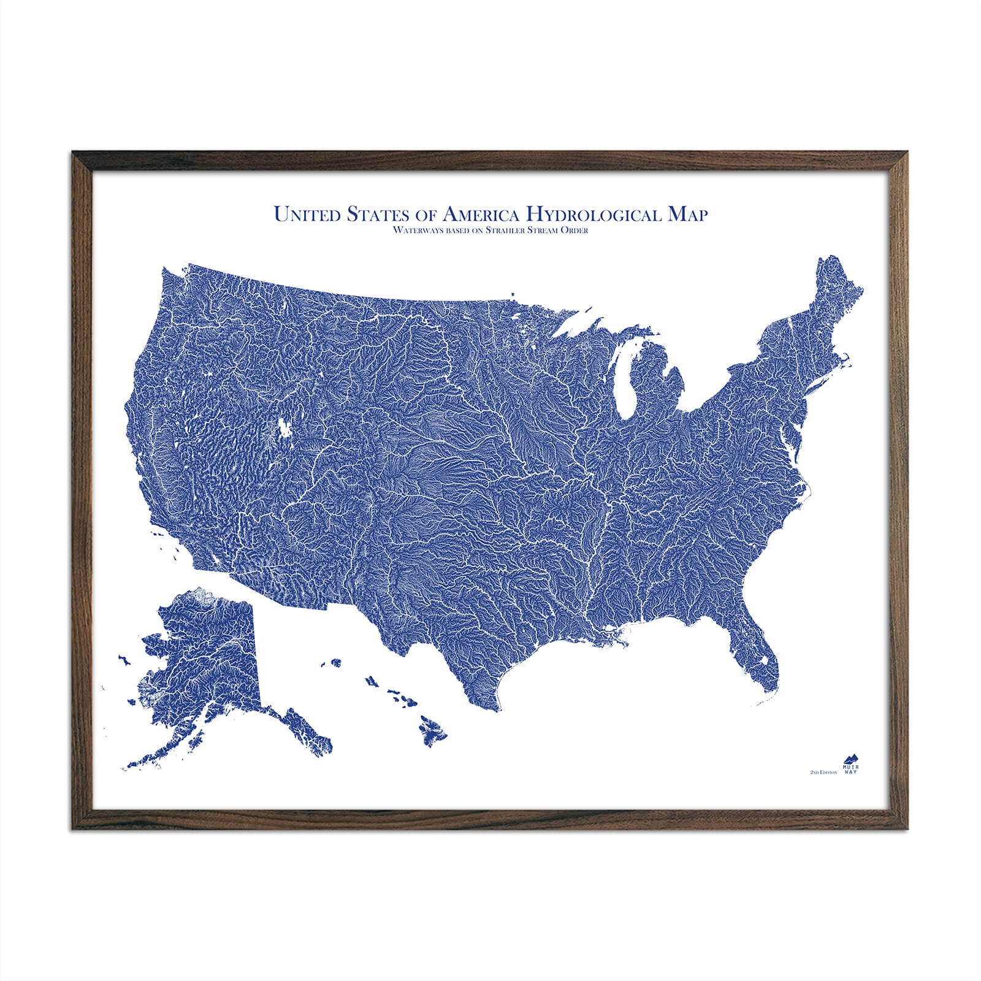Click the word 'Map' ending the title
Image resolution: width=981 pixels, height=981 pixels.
point(687,214)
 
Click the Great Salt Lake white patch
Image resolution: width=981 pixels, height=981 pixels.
point(284,427)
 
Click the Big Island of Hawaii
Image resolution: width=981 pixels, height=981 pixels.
point(433,730)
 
